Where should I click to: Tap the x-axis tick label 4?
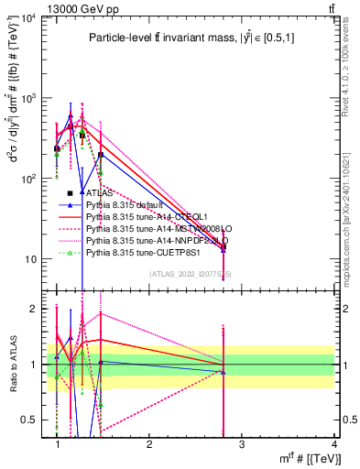[333, 444]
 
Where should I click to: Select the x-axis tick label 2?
[149, 444]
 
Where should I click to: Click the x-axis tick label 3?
[242, 444]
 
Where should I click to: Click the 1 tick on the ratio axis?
[38, 365]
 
